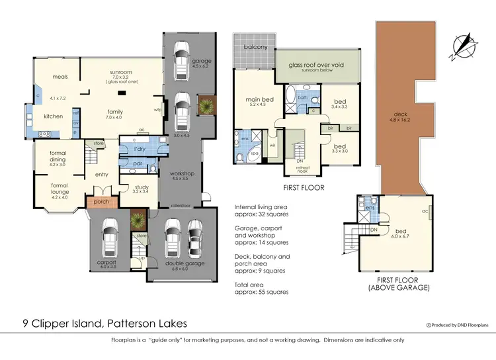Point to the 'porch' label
point(101,202)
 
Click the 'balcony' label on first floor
point(255,47)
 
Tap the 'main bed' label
point(255,101)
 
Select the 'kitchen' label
point(53,116)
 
